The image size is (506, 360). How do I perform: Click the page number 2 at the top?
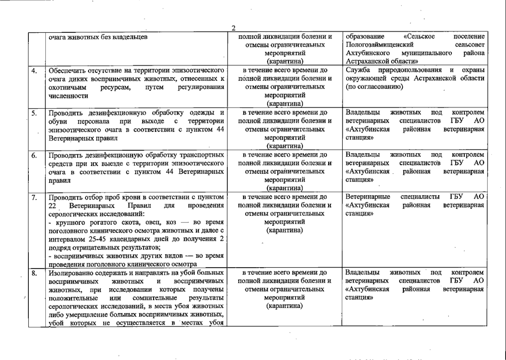pyautogui.click(x=234, y=28)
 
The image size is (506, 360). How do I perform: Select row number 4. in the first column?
pyautogui.click(x=34, y=71)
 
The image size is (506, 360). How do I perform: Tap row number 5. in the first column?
pyautogui.click(x=34, y=113)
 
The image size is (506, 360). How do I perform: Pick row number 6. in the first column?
pyautogui.click(x=34, y=155)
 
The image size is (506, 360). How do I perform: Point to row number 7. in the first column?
pyautogui.click(x=34, y=197)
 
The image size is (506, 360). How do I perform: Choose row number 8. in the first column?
pyautogui.click(x=34, y=273)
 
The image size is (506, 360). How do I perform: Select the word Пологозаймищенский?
pyautogui.click(x=379, y=45)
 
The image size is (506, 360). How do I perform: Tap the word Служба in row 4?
pyautogui.click(x=358, y=70)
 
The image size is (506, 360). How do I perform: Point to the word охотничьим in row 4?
pyautogui.click(x=67, y=87)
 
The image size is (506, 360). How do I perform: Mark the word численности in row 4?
pyautogui.click(x=68, y=96)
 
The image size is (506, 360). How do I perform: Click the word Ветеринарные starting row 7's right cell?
pyautogui.click(x=368, y=197)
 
